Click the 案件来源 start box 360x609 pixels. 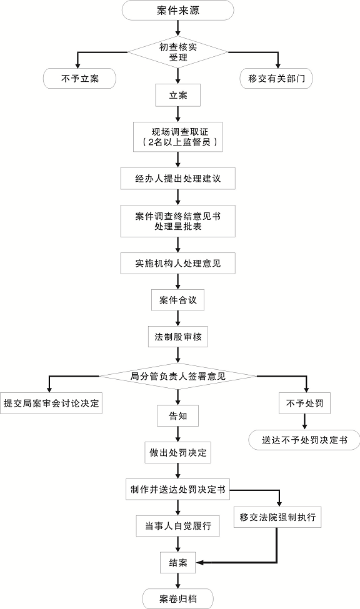[178, 10]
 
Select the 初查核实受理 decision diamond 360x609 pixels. [178, 52]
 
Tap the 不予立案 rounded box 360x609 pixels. [80, 78]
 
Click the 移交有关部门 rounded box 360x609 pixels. [276, 79]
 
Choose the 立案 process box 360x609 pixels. [178, 96]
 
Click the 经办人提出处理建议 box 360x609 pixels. [178, 179]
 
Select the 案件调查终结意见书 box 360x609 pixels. [178, 221]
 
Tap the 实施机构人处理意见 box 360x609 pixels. [178, 264]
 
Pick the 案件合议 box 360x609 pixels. [178, 300]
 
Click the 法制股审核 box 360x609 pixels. [178, 337]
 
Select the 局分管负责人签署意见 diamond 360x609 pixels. [178, 376]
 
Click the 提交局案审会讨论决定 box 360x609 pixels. [51, 404]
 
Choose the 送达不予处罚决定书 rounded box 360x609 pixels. [304, 440]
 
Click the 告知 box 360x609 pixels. [178, 415]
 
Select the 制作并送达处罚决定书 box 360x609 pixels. [178, 489]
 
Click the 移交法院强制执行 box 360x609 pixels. [277, 518]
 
